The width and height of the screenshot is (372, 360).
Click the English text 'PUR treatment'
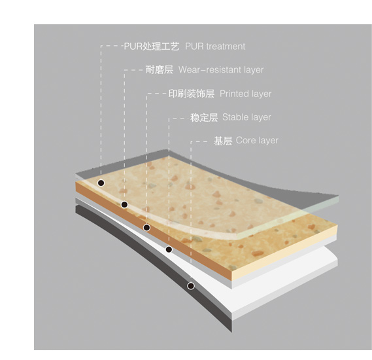pyautogui.click(x=215, y=46)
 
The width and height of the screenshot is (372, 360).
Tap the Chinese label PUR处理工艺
pyautogui.click(x=152, y=46)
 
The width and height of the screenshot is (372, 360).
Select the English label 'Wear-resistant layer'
pyautogui.click(x=221, y=70)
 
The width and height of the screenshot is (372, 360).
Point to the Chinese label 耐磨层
pyautogui.click(x=159, y=70)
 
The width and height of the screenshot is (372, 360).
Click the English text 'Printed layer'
pyautogui.click(x=246, y=94)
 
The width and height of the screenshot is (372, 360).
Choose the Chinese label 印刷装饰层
pyautogui.click(x=191, y=94)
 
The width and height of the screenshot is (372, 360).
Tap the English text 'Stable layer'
pyautogui.click(x=246, y=117)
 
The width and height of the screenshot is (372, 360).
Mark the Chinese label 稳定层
pyautogui.click(x=204, y=118)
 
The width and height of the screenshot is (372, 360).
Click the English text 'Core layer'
pyautogui.click(x=257, y=140)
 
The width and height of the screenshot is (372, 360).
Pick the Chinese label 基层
pyautogui.click(x=223, y=141)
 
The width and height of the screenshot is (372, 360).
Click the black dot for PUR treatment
pyautogui.click(x=101, y=183)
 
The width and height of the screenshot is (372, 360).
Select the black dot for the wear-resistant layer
pyautogui.click(x=124, y=204)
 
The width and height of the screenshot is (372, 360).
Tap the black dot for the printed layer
pyautogui.click(x=146, y=228)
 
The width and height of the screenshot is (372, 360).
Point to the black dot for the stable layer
pyautogui.click(x=169, y=249)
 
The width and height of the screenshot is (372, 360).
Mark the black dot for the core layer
pyautogui.click(x=191, y=285)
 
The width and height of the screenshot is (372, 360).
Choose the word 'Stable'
pyautogui.click(x=235, y=117)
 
